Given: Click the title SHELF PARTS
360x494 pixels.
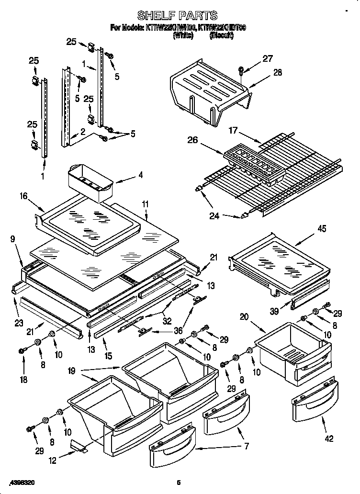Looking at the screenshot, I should point(178,16).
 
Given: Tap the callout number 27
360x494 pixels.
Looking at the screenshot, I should point(268,59).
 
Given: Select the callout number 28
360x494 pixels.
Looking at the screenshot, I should point(277,73).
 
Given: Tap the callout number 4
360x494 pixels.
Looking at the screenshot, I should point(140,175).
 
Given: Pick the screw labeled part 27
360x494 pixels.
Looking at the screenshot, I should point(242,70).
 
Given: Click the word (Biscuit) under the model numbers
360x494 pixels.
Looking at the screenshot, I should point(221,35).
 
